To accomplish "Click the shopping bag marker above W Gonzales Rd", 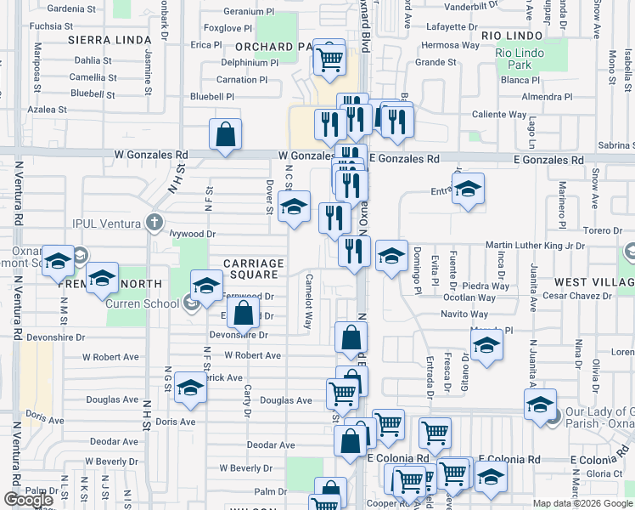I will pyautogui.click(x=225, y=134).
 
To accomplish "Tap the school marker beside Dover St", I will pyautogui.click(x=294, y=207).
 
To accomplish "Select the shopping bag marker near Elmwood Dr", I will pyautogui.click(x=243, y=313).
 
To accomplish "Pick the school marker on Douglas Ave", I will pyautogui.click(x=191, y=388).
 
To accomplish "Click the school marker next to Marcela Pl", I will pyautogui.click(x=486, y=345).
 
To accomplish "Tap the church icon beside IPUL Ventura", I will pyautogui.click(x=153, y=224).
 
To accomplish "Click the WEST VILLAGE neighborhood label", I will pyautogui.click(x=593, y=281).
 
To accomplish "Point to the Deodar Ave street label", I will pyautogui.click(x=269, y=445).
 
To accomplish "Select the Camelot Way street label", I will pyautogui.click(x=308, y=303).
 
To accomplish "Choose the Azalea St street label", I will pyautogui.click(x=47, y=110).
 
